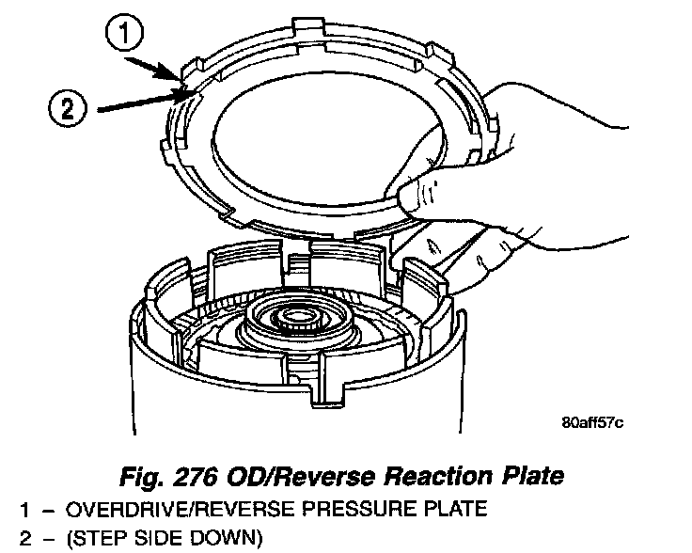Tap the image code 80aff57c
click(591, 420)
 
